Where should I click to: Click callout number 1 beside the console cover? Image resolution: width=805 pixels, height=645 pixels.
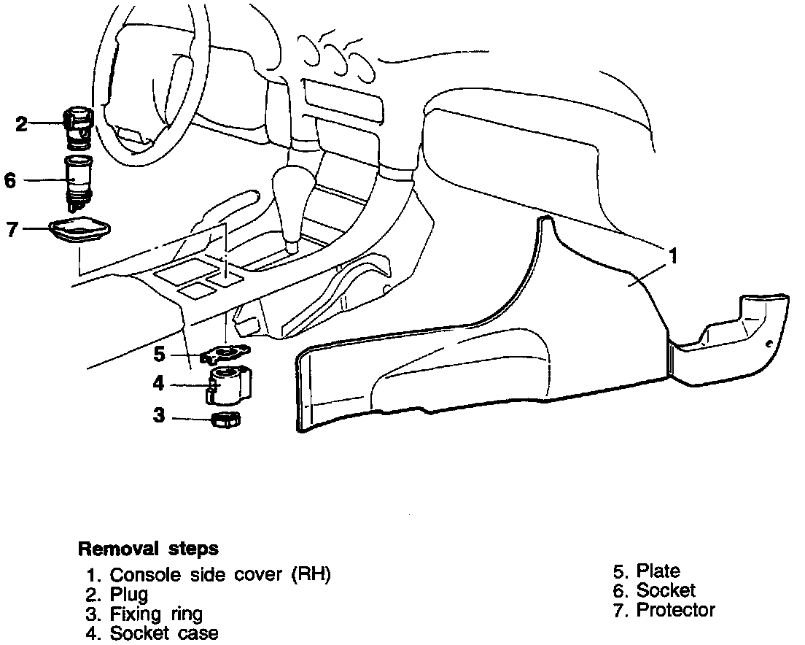[x=674, y=256]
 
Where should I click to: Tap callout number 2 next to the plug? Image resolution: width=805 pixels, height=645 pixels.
[x=22, y=124]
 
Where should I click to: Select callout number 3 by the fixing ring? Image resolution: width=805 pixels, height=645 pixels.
[x=159, y=416]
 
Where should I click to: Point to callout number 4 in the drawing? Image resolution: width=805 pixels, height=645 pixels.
[x=158, y=384]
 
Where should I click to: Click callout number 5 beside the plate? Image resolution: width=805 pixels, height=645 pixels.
[x=160, y=355]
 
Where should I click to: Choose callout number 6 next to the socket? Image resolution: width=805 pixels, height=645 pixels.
[x=10, y=179]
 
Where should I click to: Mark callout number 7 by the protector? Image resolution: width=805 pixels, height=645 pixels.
[x=11, y=228]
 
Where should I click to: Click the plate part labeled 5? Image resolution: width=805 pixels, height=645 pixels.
[x=226, y=354]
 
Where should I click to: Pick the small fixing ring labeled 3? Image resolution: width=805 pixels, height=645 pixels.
[x=225, y=420]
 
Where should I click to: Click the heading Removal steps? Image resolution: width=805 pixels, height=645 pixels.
[x=148, y=548]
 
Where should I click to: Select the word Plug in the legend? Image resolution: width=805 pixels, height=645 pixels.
[x=129, y=594]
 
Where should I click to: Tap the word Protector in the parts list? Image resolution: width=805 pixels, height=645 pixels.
[x=676, y=610]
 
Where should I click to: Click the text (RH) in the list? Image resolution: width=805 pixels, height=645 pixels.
[x=311, y=574]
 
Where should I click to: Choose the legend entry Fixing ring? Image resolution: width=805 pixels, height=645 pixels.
[x=156, y=614]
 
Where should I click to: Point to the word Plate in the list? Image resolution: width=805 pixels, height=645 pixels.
[x=658, y=571]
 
